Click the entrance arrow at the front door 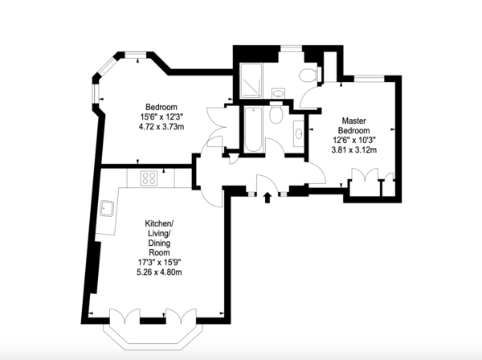[268, 198]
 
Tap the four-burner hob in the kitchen [149, 178]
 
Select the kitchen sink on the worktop [107, 208]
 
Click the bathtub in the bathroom [254, 129]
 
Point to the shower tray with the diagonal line [251, 80]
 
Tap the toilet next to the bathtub [276, 112]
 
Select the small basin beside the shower [279, 93]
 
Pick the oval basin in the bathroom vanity [298, 133]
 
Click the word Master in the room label [353, 121]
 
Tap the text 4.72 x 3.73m [161, 127]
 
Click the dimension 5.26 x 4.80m [159, 272]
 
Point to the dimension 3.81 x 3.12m [354, 150]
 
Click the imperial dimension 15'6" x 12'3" [161, 117]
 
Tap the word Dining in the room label [159, 243]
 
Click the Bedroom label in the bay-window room [161, 107]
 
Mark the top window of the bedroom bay [135, 55]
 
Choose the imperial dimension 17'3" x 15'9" [159, 262]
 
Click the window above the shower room [292, 48]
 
